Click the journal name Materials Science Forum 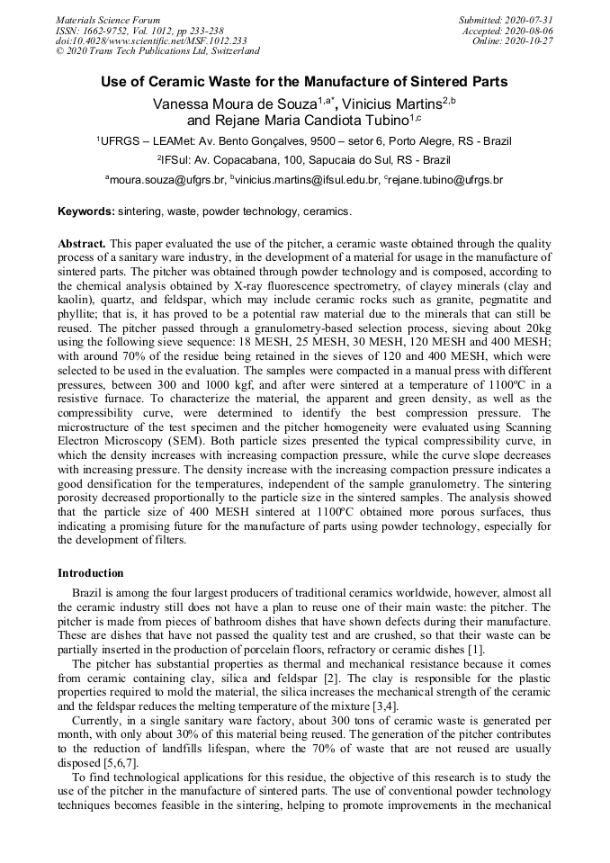click(108, 19)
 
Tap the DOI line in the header click(151, 40)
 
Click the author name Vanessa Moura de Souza click(229, 103)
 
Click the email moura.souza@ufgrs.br click(167, 180)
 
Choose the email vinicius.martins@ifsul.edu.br click(308, 180)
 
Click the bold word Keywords click(85, 211)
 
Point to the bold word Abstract click(82, 244)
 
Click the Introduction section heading click(91, 573)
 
